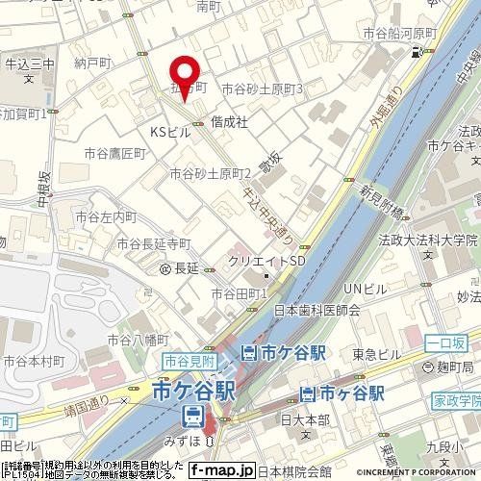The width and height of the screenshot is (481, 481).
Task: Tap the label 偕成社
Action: (x=230, y=122)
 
